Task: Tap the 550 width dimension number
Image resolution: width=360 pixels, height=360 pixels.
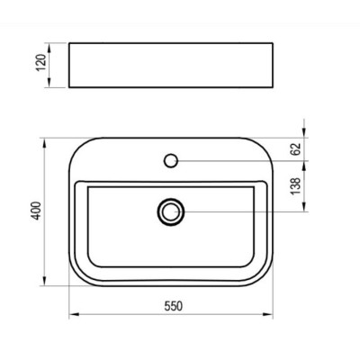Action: pyautogui.click(x=173, y=306)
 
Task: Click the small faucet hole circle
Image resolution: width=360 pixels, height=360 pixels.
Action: pyautogui.click(x=171, y=161)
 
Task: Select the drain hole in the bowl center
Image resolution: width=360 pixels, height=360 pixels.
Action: pyautogui.click(x=170, y=211)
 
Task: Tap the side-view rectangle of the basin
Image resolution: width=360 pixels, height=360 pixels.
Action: pyautogui.click(x=172, y=65)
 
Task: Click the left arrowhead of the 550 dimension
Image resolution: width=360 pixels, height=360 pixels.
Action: pyautogui.click(x=74, y=315)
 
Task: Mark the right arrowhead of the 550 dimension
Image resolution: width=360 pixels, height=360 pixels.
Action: pyautogui.click(x=271, y=315)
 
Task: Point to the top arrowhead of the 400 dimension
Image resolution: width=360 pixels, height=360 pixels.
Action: pyautogui.click(x=44, y=140)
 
